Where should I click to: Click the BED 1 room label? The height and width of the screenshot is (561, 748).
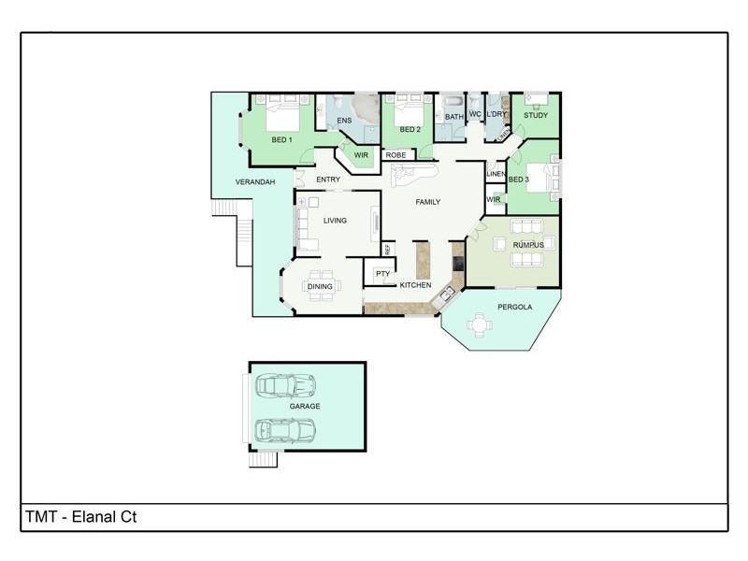tap(281, 140)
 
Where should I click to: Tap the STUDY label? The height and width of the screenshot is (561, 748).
tap(535, 116)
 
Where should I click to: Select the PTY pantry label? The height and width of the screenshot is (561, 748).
tap(382, 274)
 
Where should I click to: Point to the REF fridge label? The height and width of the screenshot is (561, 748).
tap(387, 250)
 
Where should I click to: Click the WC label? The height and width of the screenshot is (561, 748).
tap(475, 115)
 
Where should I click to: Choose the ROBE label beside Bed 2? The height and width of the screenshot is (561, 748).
tap(396, 155)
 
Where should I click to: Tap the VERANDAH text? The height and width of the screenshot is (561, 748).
tap(254, 181)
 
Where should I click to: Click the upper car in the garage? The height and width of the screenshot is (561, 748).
tap(284, 385)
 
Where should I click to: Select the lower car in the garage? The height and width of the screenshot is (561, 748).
tap(284, 430)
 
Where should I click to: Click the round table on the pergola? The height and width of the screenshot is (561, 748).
tap(481, 325)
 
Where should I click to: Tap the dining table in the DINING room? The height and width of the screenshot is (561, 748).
tap(321, 287)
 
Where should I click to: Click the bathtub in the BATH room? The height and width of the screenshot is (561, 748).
tap(453, 103)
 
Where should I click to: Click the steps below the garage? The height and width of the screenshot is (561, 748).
tap(264, 459)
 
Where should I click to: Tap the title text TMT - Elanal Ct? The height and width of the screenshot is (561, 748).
tap(81, 516)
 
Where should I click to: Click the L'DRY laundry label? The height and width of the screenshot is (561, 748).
tap(496, 115)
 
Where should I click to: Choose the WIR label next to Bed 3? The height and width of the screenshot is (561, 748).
tap(493, 199)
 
